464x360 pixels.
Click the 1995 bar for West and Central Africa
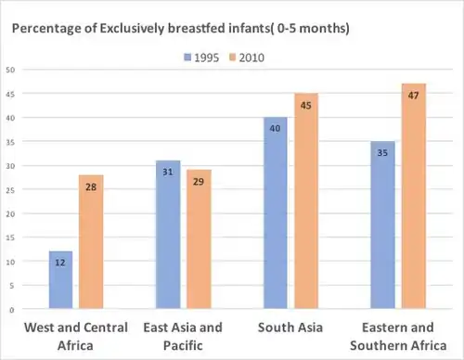(60, 280)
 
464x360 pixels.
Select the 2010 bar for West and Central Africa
(91, 242)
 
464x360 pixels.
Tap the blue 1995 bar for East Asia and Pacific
(168, 235)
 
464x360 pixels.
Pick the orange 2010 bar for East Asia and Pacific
(199, 239)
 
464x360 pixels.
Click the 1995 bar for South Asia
(276, 212)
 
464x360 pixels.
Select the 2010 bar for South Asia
(306, 201)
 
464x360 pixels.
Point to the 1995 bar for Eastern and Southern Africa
(382, 225)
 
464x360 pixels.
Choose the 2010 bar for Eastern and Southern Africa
(414, 196)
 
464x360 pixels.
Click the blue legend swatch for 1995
(187, 58)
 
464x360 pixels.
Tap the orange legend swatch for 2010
(232, 58)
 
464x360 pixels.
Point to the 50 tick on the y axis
(10, 70)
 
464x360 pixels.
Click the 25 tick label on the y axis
(10, 190)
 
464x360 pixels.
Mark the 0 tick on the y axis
(12, 310)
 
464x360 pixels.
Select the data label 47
(413, 96)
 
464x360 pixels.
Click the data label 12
(60, 263)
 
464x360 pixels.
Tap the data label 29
(199, 182)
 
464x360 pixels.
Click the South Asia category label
(290, 328)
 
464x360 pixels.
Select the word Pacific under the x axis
(183, 345)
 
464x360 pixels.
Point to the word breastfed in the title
(197, 28)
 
